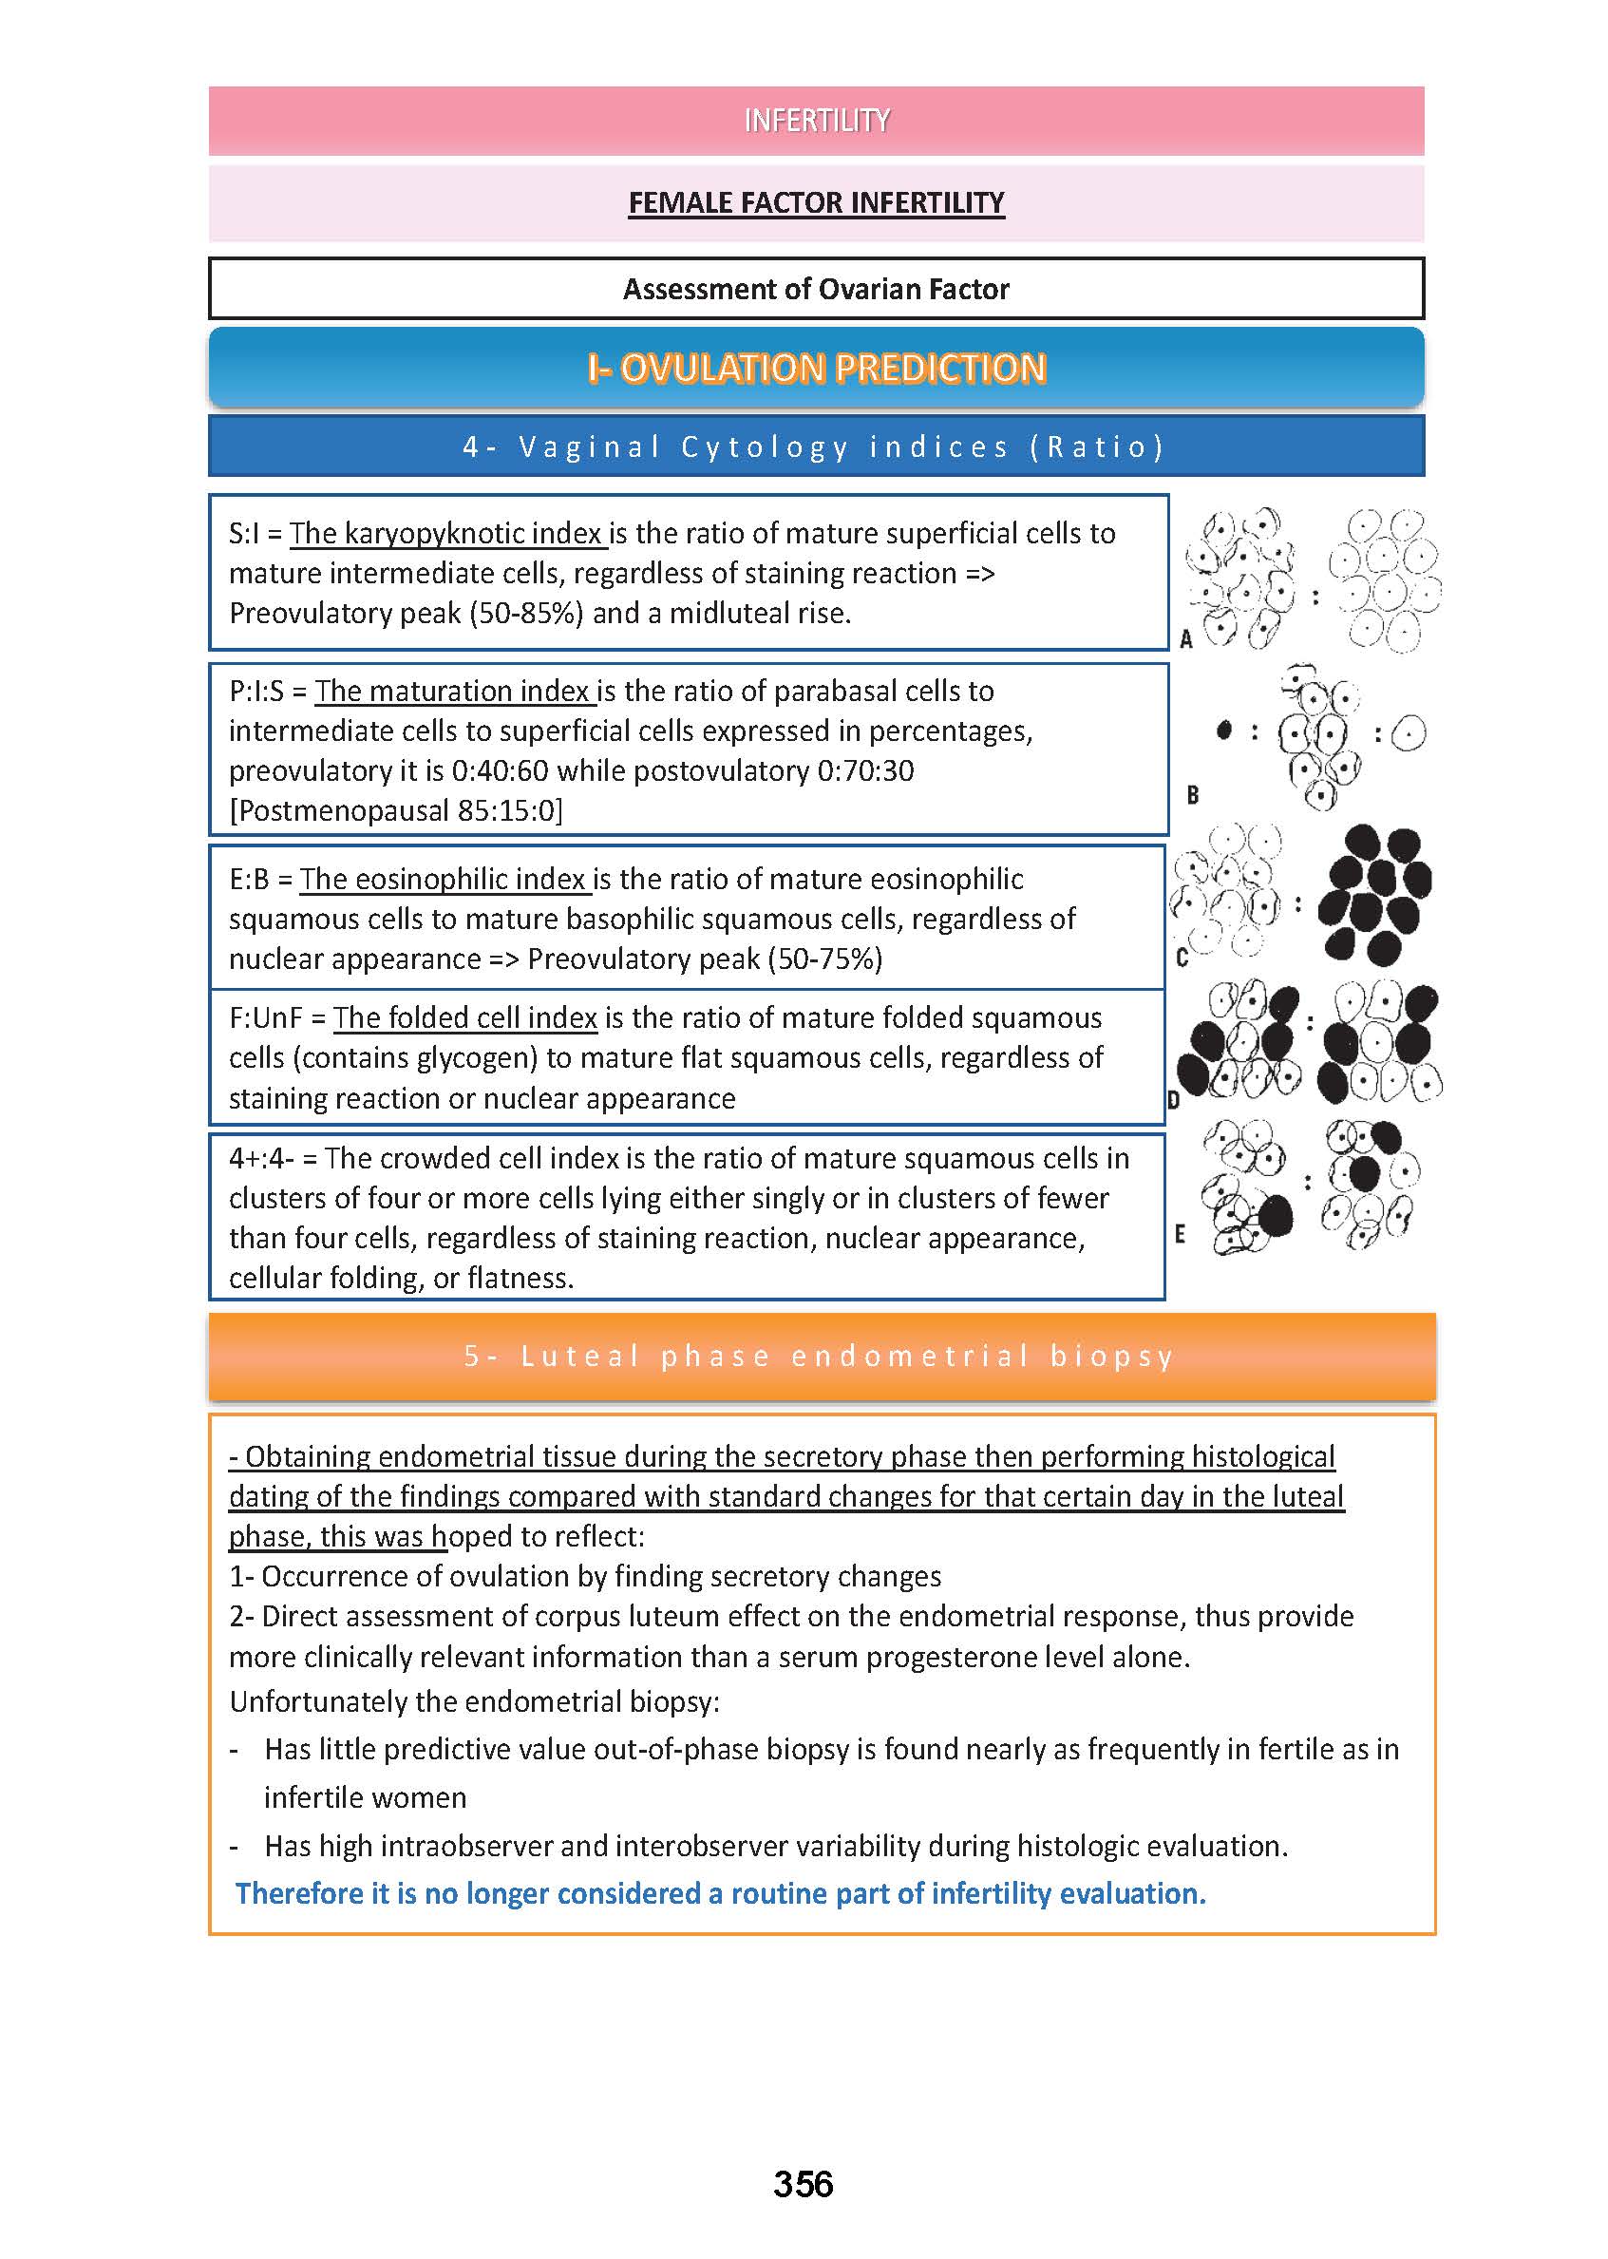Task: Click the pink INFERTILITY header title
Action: [x=816, y=121]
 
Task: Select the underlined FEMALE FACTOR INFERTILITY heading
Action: [x=816, y=203]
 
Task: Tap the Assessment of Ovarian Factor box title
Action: [x=816, y=289]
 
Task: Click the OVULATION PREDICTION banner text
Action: [x=816, y=369]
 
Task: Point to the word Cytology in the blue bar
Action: [x=765, y=447]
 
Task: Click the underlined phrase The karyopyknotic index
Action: [x=446, y=534]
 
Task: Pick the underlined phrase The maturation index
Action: [x=452, y=692]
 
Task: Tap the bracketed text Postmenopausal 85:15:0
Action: [x=396, y=811]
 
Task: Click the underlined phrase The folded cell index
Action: [x=464, y=1018]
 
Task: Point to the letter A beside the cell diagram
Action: [x=1186, y=639]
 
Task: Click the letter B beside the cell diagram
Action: [x=1192, y=795]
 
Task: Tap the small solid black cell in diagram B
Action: [x=1224, y=731]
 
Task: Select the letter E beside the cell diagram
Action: [x=1180, y=1234]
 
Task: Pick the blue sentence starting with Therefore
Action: [x=720, y=1893]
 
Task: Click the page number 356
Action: [x=803, y=2184]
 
